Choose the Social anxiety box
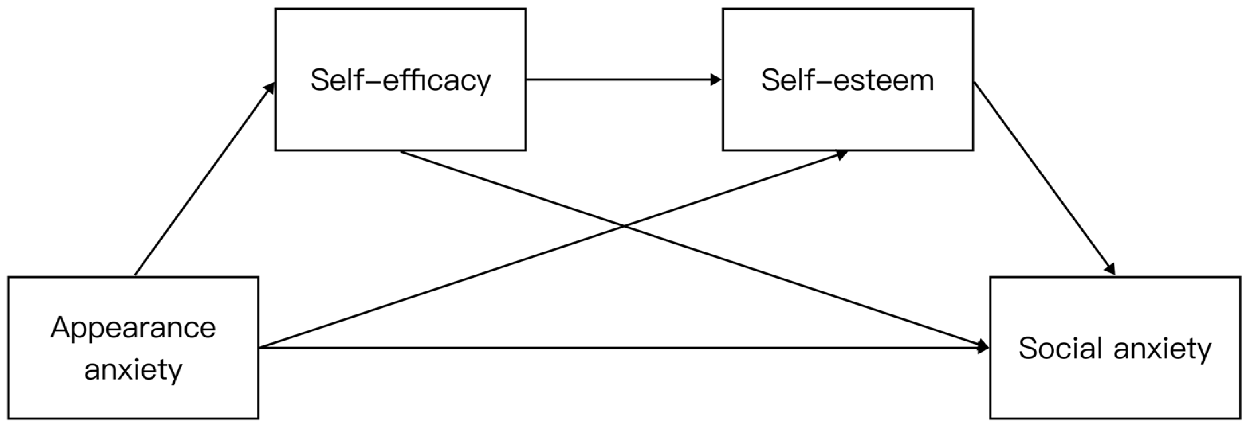click(1114, 388)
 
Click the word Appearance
click(133, 329)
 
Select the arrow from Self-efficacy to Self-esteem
click(621, 80)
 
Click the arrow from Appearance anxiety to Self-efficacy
click(204, 179)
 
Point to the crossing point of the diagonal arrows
click(624, 226)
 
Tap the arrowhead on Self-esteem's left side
click(716, 80)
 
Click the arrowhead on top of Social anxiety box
click(1110, 269)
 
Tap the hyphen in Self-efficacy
click(371, 80)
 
